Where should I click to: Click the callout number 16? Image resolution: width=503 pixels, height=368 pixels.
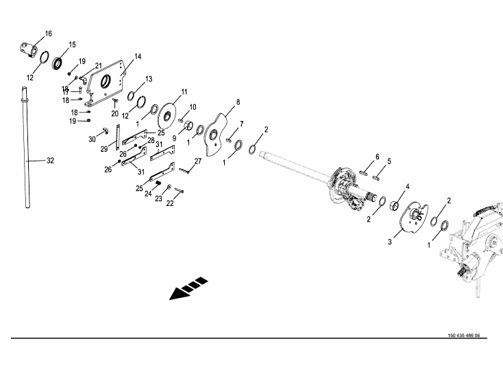[48, 34]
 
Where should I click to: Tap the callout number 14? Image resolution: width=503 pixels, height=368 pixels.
[138, 56]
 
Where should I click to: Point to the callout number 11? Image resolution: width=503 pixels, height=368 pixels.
[184, 92]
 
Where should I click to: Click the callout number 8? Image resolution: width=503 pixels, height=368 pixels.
[238, 102]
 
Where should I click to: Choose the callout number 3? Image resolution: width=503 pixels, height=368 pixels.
[391, 242]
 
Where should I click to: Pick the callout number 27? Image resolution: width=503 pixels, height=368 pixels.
[198, 161]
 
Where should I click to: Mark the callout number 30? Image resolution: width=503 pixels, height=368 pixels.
[93, 139]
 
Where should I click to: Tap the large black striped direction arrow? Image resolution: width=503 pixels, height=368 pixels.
[189, 288]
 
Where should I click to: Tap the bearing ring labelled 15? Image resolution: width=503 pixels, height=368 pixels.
[58, 63]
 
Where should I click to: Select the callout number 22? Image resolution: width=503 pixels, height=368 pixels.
[170, 203]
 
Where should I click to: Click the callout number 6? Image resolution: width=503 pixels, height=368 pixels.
[377, 157]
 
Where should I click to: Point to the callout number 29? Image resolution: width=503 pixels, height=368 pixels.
[104, 149]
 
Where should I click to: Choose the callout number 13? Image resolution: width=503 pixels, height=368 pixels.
[148, 79]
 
